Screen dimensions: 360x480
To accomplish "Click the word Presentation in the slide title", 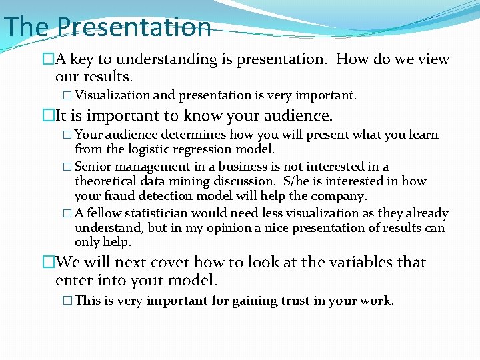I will [x=134, y=27].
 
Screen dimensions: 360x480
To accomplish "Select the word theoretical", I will [x=105, y=181].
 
